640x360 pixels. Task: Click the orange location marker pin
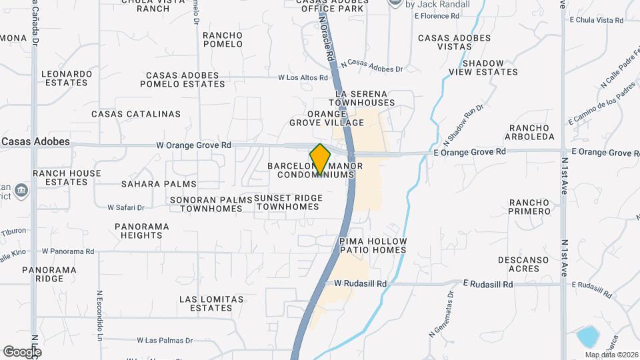[x=320, y=159]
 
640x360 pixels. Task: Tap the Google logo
[x=22, y=351]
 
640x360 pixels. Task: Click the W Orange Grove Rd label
[x=193, y=145]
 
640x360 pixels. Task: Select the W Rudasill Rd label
[x=360, y=283]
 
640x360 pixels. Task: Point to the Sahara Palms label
[x=159, y=184]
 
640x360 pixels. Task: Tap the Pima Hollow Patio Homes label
[x=372, y=245]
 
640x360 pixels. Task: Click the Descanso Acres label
[x=523, y=264]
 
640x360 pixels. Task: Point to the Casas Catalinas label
[x=136, y=114]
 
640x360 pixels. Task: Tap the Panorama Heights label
[x=141, y=231]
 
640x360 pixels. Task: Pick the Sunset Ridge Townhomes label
[x=289, y=203]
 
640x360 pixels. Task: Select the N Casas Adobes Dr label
[x=372, y=65]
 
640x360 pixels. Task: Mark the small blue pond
[x=587, y=336]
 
